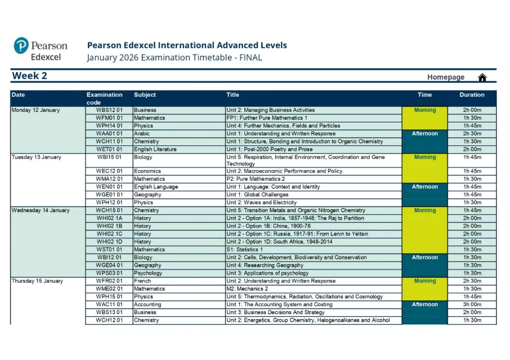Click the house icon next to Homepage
pyautogui.click(x=482, y=77)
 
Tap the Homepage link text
pyautogui.click(x=446, y=77)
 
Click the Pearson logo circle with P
pyautogui.click(x=21, y=46)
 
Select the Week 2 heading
pyautogui.click(x=29, y=76)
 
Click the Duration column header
pyautogui.click(x=472, y=95)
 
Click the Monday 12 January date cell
pyautogui.click(x=36, y=110)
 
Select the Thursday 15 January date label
pyautogui.click(x=37, y=281)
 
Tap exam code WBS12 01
pyautogui.click(x=109, y=110)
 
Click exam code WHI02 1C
pyautogui.click(x=109, y=234)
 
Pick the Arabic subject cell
pyautogui.click(x=142, y=134)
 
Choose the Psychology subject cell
pyautogui.click(x=148, y=273)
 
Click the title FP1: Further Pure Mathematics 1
pyautogui.click(x=267, y=118)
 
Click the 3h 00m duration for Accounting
pyautogui.click(x=472, y=304)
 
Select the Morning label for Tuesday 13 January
pyautogui.click(x=425, y=157)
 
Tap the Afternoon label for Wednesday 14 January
pyautogui.click(x=425, y=257)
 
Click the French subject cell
pyautogui.click(x=142, y=281)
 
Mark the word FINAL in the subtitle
pyautogui.click(x=251, y=58)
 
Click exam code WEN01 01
pyautogui.click(x=109, y=187)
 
